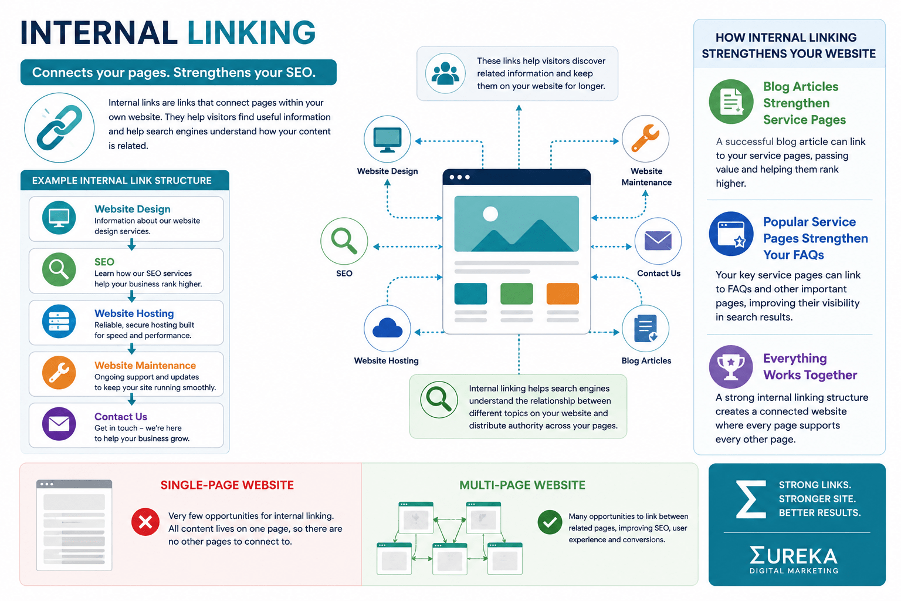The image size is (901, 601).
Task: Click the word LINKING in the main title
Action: coord(252,33)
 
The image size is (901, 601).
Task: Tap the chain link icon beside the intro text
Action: coord(59,127)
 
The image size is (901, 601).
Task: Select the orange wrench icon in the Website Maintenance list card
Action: coord(59,372)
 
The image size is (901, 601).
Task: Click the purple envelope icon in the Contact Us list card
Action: coord(59,424)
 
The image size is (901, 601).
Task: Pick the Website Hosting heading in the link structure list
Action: coord(134,313)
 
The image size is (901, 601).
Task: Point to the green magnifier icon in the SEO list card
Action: coord(59,269)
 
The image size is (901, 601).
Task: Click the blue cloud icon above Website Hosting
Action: coord(387,329)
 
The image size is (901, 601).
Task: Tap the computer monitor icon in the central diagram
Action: coord(387,139)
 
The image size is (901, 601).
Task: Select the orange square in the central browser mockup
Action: coord(563,293)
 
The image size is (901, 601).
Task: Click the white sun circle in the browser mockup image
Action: coord(490,214)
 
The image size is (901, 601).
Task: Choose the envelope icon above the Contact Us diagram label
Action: coord(658,241)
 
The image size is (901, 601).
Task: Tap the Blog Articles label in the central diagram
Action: coord(646,361)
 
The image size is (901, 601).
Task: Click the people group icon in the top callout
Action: coord(445,73)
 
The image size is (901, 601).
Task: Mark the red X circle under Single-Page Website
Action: coord(145,522)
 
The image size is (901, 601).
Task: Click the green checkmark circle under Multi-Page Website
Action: coord(550,522)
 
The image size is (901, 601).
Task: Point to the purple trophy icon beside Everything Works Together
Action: coord(731,367)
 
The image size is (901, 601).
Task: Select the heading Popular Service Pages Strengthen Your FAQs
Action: coord(815,238)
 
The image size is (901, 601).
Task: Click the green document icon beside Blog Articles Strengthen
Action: coord(731,102)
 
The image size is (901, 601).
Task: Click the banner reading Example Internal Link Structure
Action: coord(125,180)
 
